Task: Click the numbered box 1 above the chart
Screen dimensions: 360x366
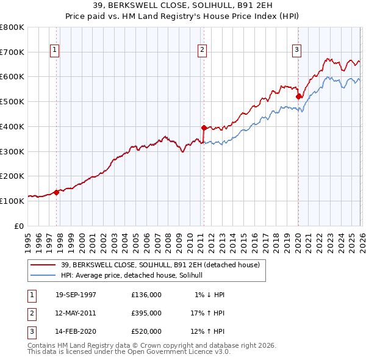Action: [56, 50]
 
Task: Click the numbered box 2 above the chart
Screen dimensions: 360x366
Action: [203, 50]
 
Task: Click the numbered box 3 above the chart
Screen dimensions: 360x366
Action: [297, 50]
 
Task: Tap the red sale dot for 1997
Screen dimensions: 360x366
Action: [57, 192]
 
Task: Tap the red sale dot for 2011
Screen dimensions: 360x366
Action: [204, 128]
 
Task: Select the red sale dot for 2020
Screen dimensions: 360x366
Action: [298, 96]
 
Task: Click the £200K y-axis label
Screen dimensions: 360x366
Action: [12, 176]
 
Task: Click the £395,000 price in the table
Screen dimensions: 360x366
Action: [146, 313]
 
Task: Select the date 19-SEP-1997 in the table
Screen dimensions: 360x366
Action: [76, 295]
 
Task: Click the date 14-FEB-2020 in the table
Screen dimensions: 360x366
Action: [76, 331]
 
